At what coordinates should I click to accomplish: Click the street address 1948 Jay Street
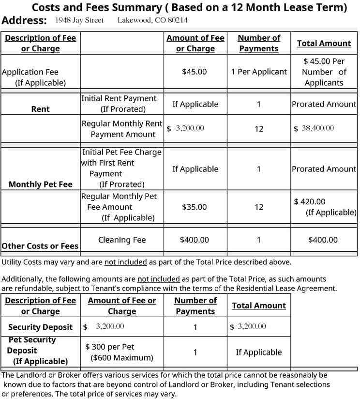pos(79,20)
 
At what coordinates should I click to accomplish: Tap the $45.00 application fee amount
pos(194,72)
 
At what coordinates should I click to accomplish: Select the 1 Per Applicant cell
pos(258,72)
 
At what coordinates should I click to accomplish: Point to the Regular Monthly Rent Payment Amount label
pos(122,129)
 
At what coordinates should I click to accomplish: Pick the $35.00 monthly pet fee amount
pos(194,207)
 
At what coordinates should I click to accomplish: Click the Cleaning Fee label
pos(122,240)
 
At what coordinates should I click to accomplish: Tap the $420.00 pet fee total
pos(310,201)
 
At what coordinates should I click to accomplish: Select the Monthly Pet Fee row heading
pos(40,184)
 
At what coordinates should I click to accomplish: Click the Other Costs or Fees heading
pos(40,246)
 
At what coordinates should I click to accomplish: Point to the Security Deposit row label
pos(40,327)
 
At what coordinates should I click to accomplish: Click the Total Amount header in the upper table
pos(324,43)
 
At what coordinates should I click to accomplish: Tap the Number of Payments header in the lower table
pos(195,306)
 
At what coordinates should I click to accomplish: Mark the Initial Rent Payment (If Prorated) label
pos(119,104)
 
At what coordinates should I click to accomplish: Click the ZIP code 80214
pos(177,20)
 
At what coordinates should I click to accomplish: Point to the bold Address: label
pos(24,20)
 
